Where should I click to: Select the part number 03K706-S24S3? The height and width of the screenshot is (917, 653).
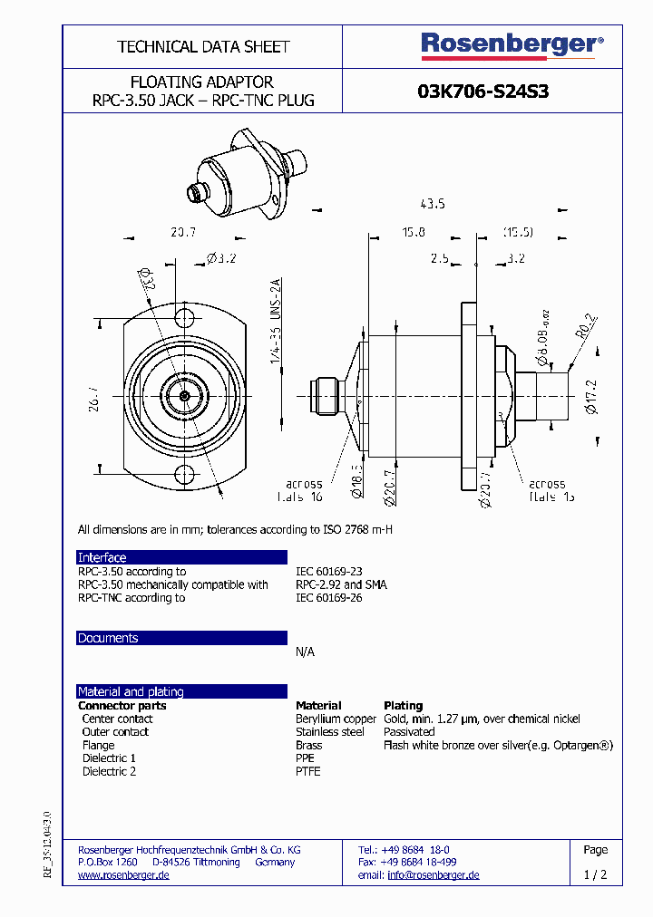(482, 92)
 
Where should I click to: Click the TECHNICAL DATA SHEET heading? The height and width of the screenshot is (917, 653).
(203, 46)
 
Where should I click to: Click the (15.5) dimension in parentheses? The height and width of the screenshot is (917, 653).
(518, 233)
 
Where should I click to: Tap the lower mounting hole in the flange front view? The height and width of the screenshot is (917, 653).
(185, 473)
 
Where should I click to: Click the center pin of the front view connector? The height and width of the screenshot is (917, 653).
(184, 395)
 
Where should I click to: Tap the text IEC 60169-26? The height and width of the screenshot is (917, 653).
(328, 598)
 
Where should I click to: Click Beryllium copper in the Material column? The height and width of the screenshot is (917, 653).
(336, 719)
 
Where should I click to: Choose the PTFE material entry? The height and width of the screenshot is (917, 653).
(308, 771)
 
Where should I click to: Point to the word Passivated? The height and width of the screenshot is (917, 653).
(409, 731)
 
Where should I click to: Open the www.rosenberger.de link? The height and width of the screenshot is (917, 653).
(123, 875)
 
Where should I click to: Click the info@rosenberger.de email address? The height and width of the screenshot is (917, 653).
(433, 875)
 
